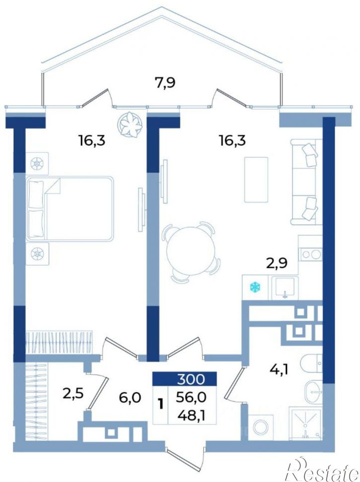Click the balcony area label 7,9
[x=165, y=83]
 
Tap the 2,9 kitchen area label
[x=277, y=264]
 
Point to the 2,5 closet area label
[x=73, y=394]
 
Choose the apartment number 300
[x=191, y=379]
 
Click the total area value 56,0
[x=191, y=398]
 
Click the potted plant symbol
[x=130, y=124]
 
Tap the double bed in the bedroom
[x=70, y=208]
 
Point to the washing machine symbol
[x=261, y=427]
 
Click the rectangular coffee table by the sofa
[x=256, y=180]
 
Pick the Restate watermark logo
[x=322, y=469]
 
